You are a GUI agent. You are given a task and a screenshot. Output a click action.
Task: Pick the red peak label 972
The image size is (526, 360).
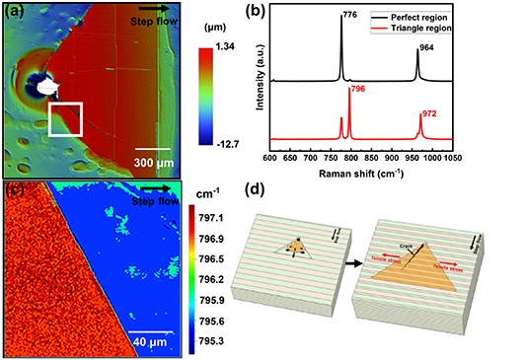(x=429, y=114)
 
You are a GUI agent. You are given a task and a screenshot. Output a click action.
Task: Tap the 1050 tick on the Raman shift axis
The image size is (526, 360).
(x=509, y=156)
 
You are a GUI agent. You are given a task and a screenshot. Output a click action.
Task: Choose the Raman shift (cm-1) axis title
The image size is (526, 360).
(x=388, y=171)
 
